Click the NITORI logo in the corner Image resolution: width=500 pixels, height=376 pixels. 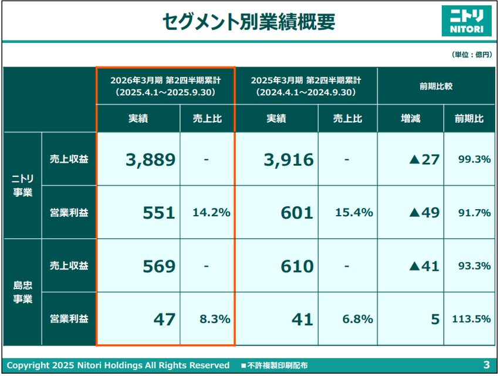pyautogui.click(x=467, y=21)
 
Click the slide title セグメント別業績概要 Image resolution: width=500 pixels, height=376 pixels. pyautogui.click(x=249, y=22)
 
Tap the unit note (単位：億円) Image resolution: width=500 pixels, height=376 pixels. pyautogui.click(x=471, y=55)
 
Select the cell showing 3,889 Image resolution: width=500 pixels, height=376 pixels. pyautogui.click(x=150, y=159)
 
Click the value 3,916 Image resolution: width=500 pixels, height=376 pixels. pyautogui.click(x=288, y=159)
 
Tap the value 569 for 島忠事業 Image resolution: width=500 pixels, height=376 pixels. pyautogui.click(x=159, y=266)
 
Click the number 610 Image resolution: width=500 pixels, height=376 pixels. pyautogui.click(x=297, y=266)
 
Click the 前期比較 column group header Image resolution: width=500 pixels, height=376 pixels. pyautogui.click(x=436, y=86)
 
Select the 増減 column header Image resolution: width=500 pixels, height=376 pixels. pyautogui.click(x=410, y=118)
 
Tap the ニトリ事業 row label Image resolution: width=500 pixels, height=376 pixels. pyautogui.click(x=23, y=185)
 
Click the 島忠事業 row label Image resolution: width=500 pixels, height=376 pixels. pyautogui.click(x=23, y=292)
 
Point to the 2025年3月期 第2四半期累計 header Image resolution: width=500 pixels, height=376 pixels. pyautogui.click(x=306, y=86)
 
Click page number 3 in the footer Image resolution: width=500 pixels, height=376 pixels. pyautogui.click(x=486, y=365)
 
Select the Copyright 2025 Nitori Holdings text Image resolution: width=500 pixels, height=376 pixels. pyautogui.click(x=118, y=365)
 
